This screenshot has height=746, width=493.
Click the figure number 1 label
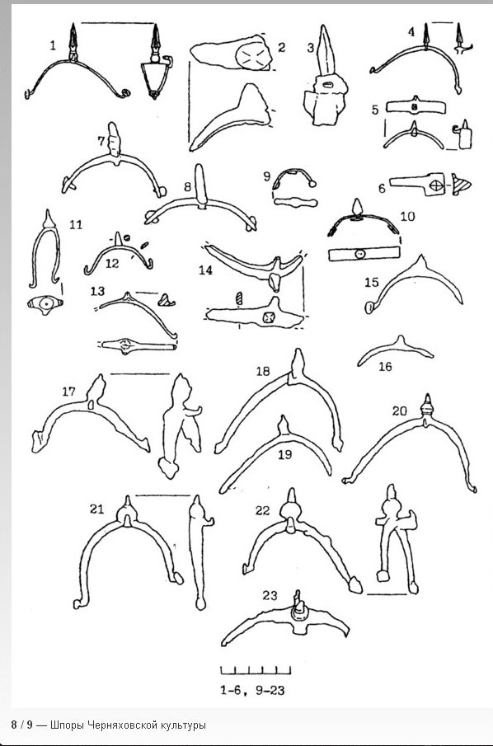pos(53,45)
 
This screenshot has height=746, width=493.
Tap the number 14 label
pos(205,270)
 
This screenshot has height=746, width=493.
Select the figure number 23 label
pos(270,595)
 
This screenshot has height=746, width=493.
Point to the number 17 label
pos(69,392)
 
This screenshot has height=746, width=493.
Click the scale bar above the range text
pos(256,670)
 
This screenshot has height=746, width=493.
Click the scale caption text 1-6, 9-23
pos(252,690)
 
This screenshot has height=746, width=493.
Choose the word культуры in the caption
pos(183,725)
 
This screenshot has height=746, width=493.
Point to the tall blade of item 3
pos(326,50)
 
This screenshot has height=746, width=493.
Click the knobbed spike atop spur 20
pos(427,406)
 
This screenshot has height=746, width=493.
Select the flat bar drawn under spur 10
pos(364,254)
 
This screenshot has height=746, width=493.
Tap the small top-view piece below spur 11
pos(45,304)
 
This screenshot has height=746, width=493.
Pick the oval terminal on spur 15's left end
pos(369,307)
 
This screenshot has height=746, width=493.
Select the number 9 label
pos(267,177)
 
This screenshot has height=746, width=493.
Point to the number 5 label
pos(375,110)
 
